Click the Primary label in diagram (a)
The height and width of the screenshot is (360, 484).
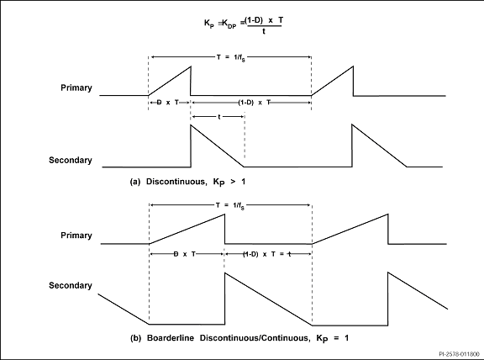(76, 88)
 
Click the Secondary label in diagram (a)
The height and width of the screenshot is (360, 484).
(71, 160)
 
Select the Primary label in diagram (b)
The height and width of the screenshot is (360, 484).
(76, 236)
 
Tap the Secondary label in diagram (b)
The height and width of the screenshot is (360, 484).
(71, 285)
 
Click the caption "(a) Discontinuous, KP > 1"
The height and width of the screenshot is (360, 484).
(187, 182)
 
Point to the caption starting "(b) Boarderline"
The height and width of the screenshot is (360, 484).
(239, 338)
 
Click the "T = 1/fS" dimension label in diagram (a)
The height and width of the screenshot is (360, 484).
(231, 58)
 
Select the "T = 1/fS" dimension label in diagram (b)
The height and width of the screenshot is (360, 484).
(230, 206)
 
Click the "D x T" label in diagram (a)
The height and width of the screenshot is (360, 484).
(168, 103)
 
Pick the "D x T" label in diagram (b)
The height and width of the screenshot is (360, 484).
(185, 254)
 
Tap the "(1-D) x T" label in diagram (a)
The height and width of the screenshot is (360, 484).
(255, 103)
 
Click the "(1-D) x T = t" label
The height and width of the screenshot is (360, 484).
(267, 254)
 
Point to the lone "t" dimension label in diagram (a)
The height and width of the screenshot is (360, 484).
(219, 117)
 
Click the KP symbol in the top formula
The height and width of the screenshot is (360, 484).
(209, 24)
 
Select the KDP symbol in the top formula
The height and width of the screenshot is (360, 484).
(229, 24)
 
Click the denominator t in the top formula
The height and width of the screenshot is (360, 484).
(264, 31)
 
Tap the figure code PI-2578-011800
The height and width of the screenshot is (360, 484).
(459, 354)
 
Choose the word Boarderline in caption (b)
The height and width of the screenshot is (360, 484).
(171, 338)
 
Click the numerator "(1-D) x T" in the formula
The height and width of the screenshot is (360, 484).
(264, 20)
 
